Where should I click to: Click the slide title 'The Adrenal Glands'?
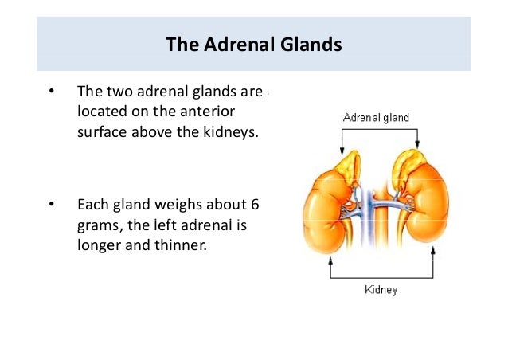point(253,44)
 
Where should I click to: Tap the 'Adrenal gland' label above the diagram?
point(375,118)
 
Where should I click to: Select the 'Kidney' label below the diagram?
point(381,290)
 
